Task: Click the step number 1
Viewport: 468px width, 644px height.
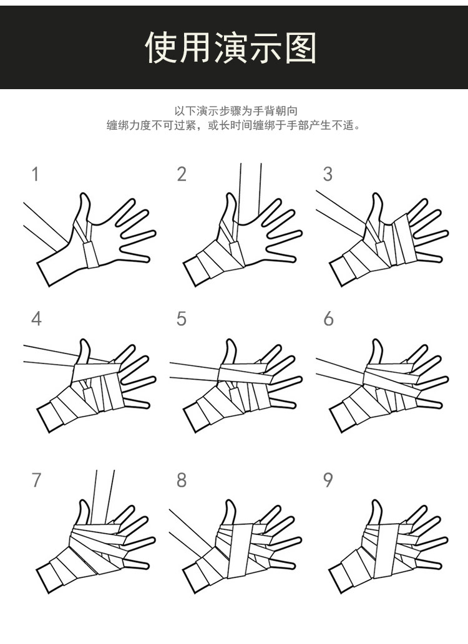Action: pos(36,174)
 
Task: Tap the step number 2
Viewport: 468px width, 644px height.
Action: pos(182,174)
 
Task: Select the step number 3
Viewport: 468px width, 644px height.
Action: pos(328,174)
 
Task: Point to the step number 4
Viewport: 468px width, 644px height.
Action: pos(36,319)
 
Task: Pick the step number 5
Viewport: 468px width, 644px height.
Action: pos(182,319)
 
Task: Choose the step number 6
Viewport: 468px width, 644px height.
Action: pos(328,319)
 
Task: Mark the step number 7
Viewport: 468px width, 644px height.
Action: pos(36,479)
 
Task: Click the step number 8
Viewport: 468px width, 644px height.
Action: pos(182,479)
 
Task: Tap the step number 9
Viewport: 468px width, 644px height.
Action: pos(328,479)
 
